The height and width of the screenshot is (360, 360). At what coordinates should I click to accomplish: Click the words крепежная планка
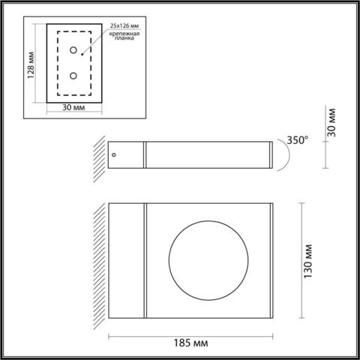[125, 40]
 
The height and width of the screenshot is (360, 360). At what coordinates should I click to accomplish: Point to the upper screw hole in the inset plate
[73, 51]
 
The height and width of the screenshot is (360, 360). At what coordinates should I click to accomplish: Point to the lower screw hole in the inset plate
[73, 76]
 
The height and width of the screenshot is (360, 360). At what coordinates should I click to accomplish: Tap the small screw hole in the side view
[114, 153]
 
